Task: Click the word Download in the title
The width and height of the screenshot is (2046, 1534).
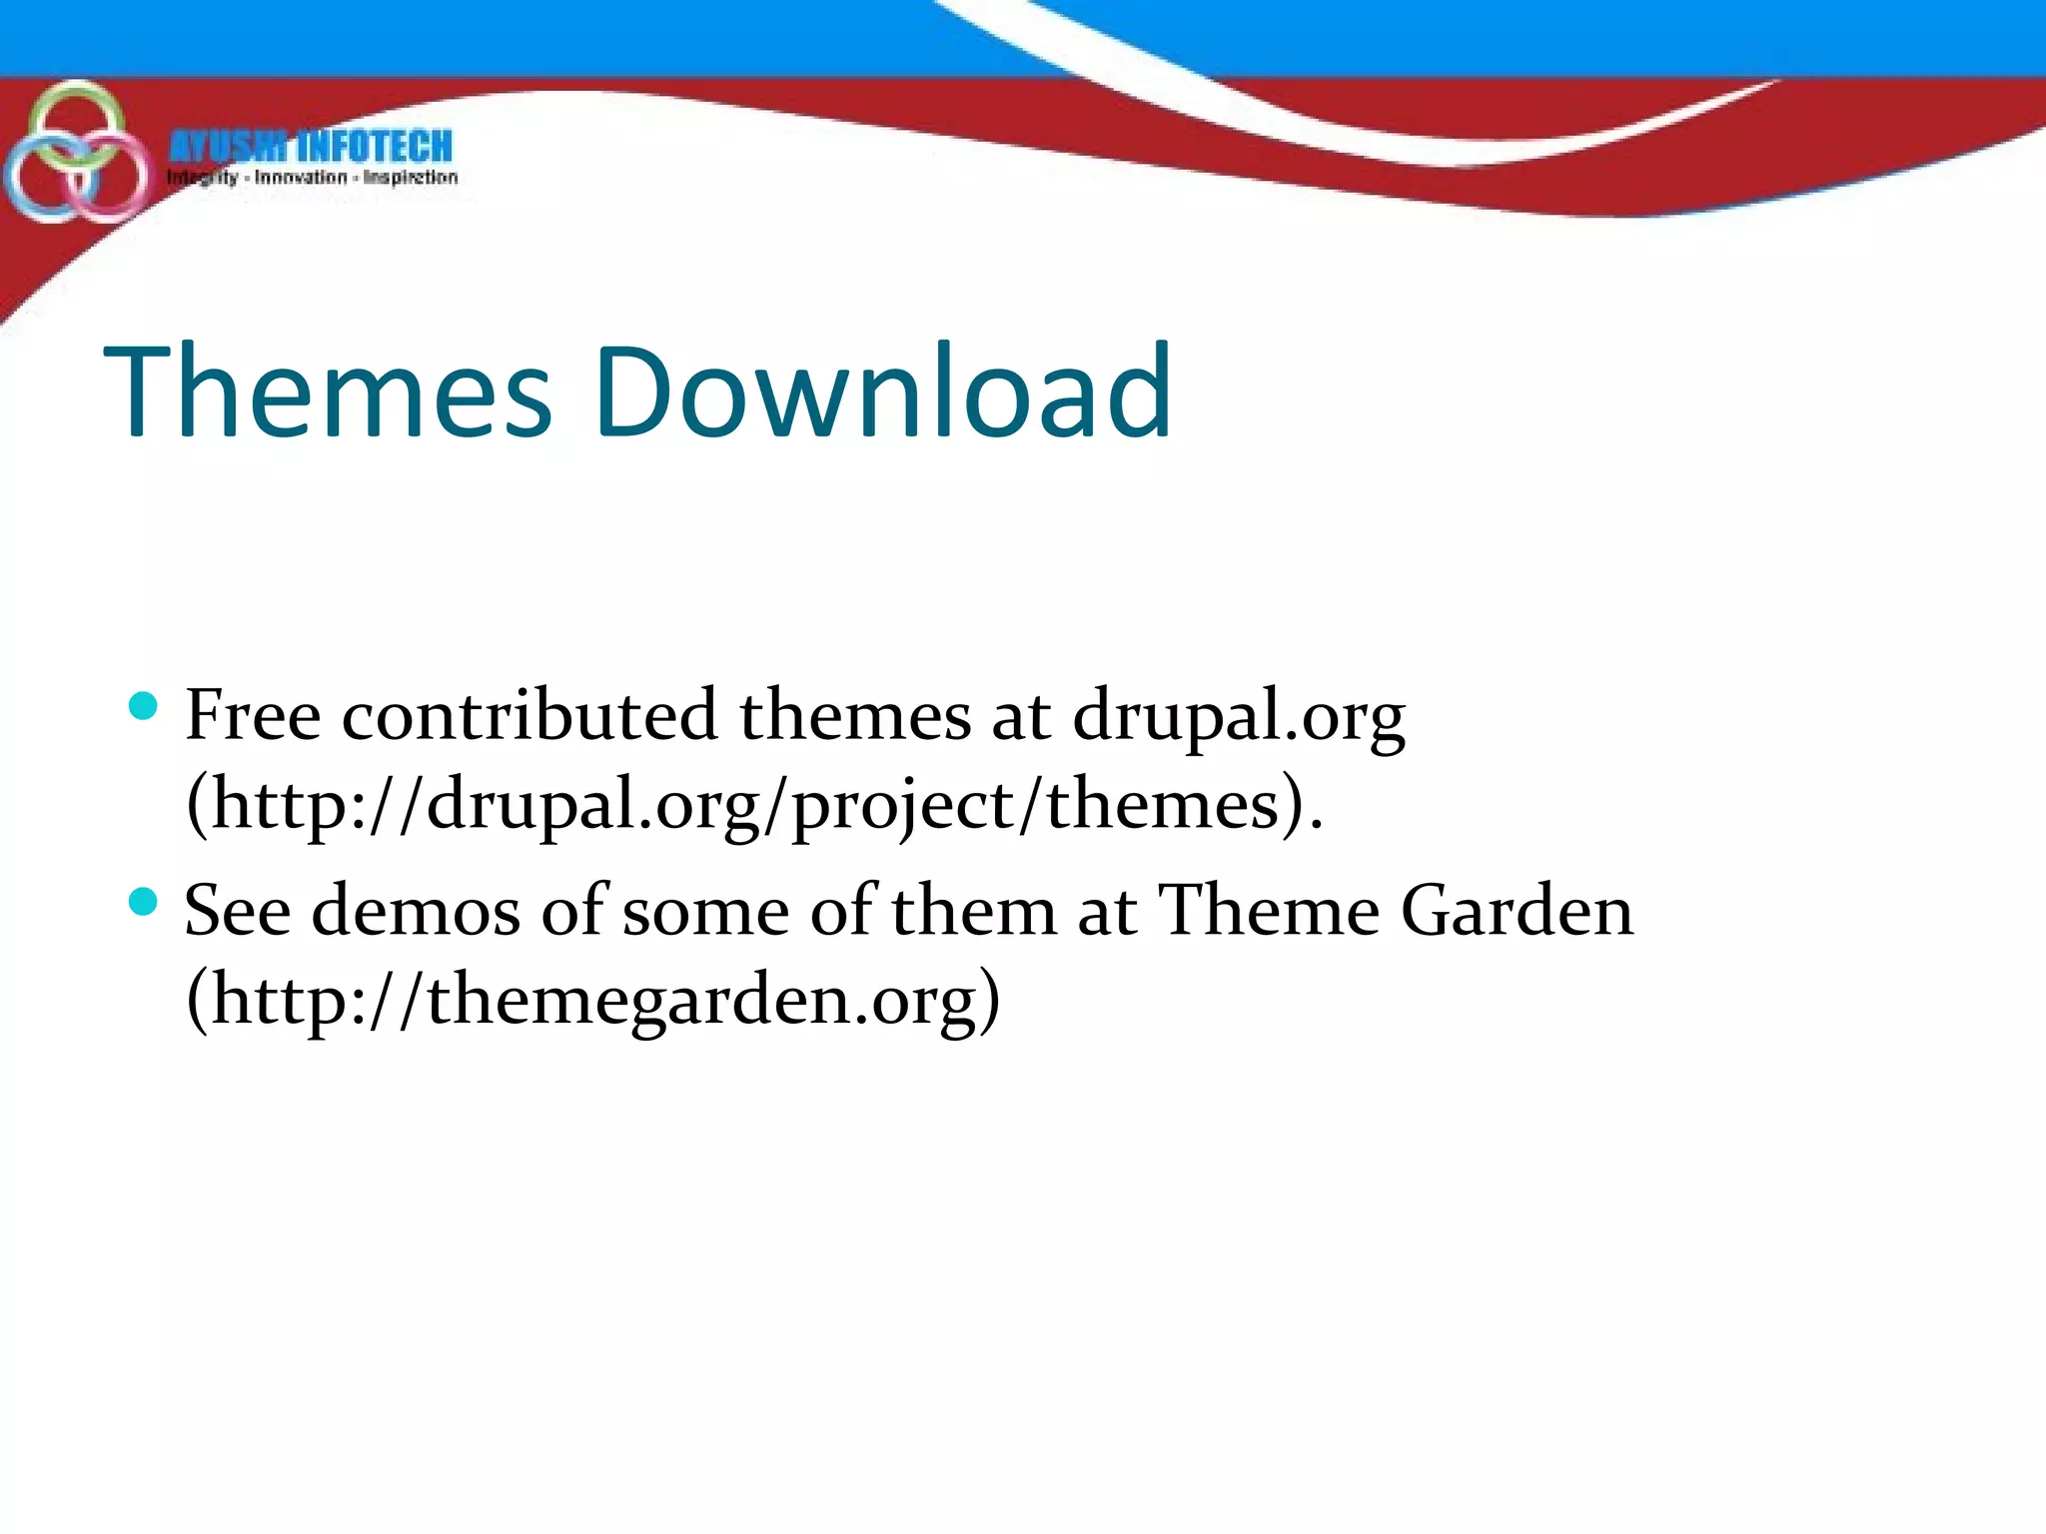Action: tap(883, 391)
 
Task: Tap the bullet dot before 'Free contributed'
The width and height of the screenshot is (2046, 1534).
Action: tap(144, 707)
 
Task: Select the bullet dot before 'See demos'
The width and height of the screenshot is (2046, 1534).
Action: tap(144, 903)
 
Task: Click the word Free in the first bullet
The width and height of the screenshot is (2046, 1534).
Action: tap(253, 715)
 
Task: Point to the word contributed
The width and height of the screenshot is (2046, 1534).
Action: tap(529, 715)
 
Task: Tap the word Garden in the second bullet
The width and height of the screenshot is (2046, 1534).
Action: tap(1517, 911)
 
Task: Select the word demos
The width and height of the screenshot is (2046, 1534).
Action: tap(416, 911)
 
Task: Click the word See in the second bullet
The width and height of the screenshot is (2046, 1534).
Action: tap(237, 911)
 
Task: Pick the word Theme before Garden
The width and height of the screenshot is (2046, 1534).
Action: tap(1269, 911)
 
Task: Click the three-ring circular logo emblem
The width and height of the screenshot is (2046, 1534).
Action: tap(74, 154)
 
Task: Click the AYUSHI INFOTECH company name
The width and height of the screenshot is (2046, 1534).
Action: tap(311, 146)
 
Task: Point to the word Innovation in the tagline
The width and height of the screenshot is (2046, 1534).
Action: tap(301, 179)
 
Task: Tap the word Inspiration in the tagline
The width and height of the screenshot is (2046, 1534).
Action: tap(411, 179)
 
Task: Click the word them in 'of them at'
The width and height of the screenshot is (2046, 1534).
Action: tap(974, 911)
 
